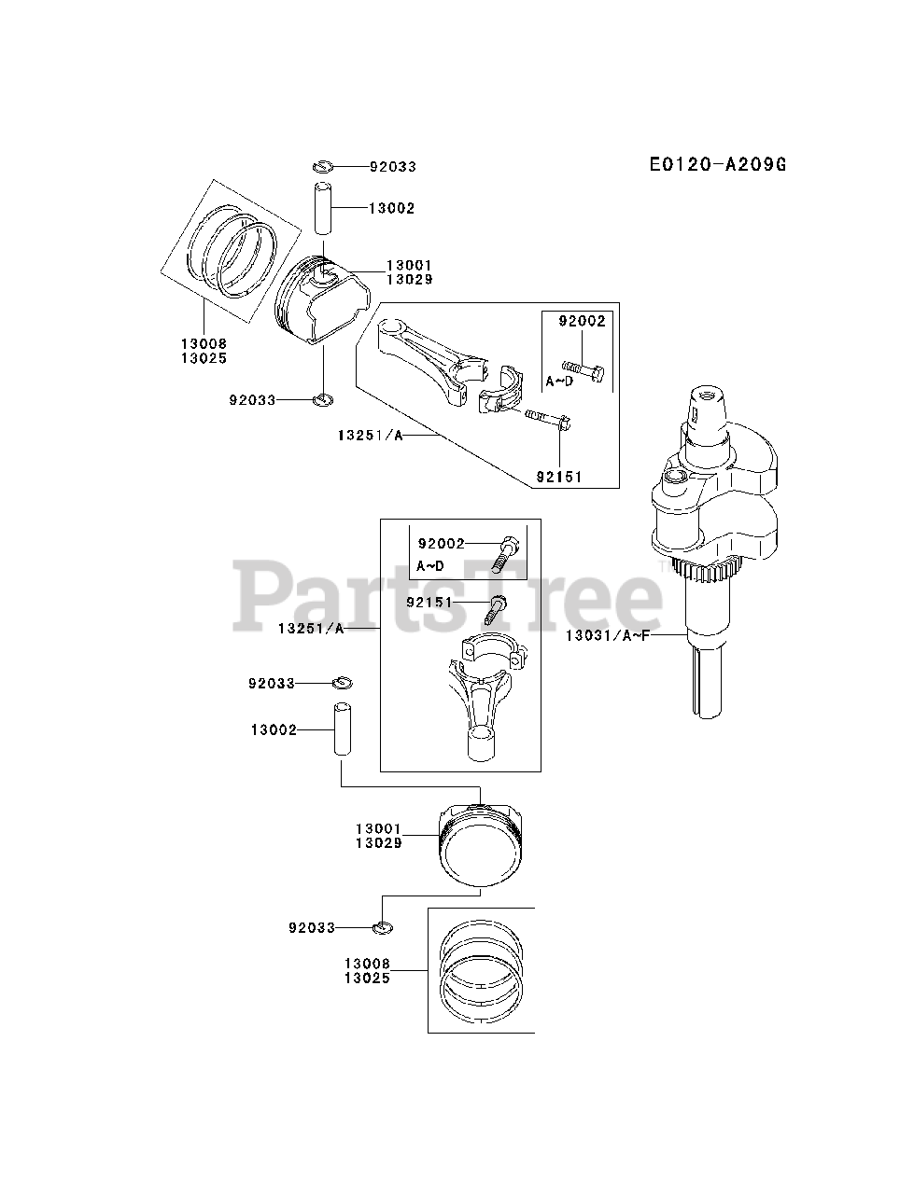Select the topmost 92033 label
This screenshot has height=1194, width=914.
coord(392,167)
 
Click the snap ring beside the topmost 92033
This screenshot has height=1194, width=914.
coord(322,166)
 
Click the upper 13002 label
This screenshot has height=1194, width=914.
coord(392,209)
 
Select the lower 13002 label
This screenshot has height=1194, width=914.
coord(274,729)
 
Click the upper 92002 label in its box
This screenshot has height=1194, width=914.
coord(583,322)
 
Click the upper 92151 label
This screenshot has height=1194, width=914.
coord(559,477)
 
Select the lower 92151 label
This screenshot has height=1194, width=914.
coord(429,603)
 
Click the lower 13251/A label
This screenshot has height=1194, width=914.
coord(311,629)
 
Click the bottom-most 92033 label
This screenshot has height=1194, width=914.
coord(312,928)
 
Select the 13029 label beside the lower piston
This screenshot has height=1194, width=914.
coord(378,843)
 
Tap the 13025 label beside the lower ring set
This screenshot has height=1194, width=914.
coord(367,978)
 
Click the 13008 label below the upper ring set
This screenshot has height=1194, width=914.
coord(204,344)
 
